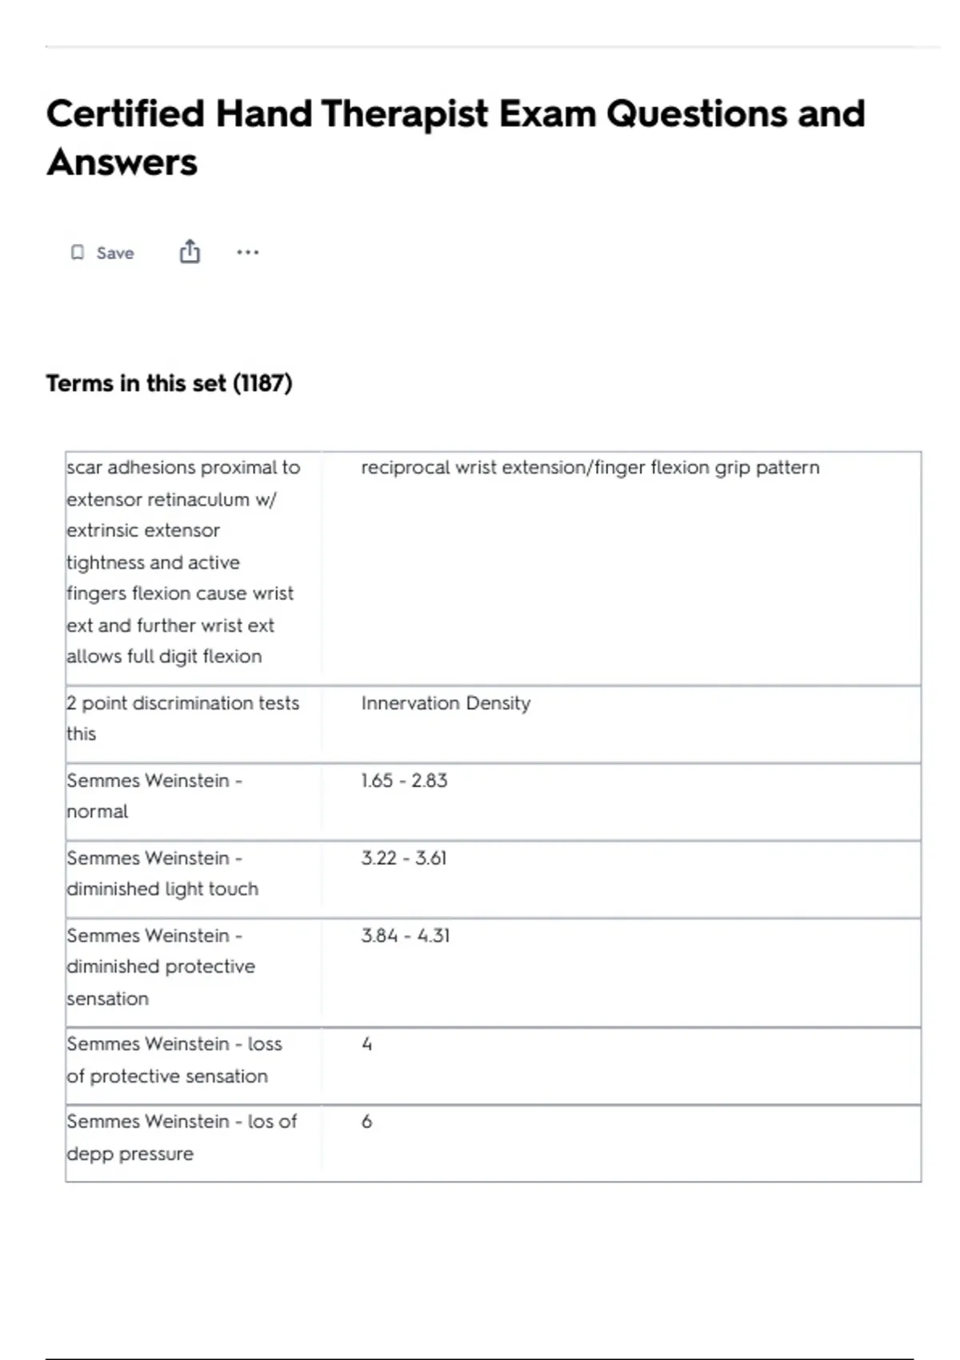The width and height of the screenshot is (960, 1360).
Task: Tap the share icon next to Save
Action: (x=190, y=252)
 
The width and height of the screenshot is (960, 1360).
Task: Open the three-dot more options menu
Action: (x=247, y=253)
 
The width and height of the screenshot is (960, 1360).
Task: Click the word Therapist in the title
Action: (x=404, y=114)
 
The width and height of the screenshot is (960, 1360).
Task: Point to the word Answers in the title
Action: (x=122, y=162)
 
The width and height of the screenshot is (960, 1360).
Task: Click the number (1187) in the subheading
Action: (x=262, y=383)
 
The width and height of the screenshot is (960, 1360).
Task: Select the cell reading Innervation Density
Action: (x=446, y=703)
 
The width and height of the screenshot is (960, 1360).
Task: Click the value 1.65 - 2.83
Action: (x=404, y=781)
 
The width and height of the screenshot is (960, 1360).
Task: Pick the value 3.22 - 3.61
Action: (x=404, y=858)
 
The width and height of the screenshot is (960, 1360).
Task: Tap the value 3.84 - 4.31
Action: (x=406, y=935)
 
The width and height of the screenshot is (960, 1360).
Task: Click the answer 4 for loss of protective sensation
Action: (x=367, y=1045)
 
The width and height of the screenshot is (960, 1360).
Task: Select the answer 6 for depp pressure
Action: (x=367, y=1122)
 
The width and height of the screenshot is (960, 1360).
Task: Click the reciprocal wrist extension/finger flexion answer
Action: (x=590, y=468)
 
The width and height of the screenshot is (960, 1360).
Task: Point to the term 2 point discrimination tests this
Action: (x=182, y=718)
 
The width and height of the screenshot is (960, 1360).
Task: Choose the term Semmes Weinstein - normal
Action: (x=154, y=795)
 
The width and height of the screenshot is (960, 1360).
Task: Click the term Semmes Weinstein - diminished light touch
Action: (x=162, y=873)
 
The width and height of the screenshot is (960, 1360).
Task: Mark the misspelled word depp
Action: (x=90, y=1154)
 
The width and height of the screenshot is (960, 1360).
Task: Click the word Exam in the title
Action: (x=547, y=114)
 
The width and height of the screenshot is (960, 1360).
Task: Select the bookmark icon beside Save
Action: (x=78, y=253)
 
